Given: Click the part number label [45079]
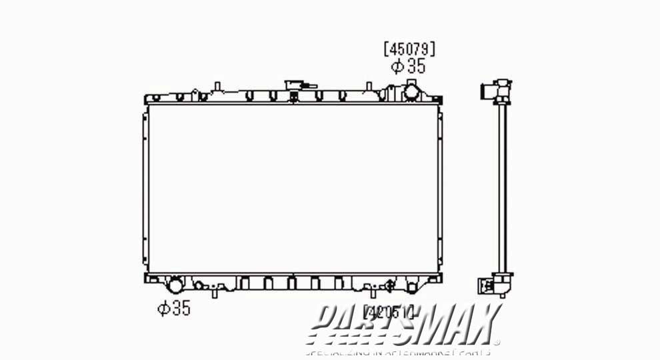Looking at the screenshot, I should [409, 49].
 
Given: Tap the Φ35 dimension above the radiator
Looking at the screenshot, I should [408, 66].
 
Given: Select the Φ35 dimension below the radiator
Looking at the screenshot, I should [174, 308].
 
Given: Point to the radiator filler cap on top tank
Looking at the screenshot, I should [295, 87].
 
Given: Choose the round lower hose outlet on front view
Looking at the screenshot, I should [175, 286].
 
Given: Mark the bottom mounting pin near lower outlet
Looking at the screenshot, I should [216, 292].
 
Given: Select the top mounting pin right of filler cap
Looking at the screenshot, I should [368, 87].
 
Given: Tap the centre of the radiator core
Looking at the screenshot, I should [293, 189].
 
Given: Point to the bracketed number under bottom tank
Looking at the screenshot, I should [389, 310].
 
